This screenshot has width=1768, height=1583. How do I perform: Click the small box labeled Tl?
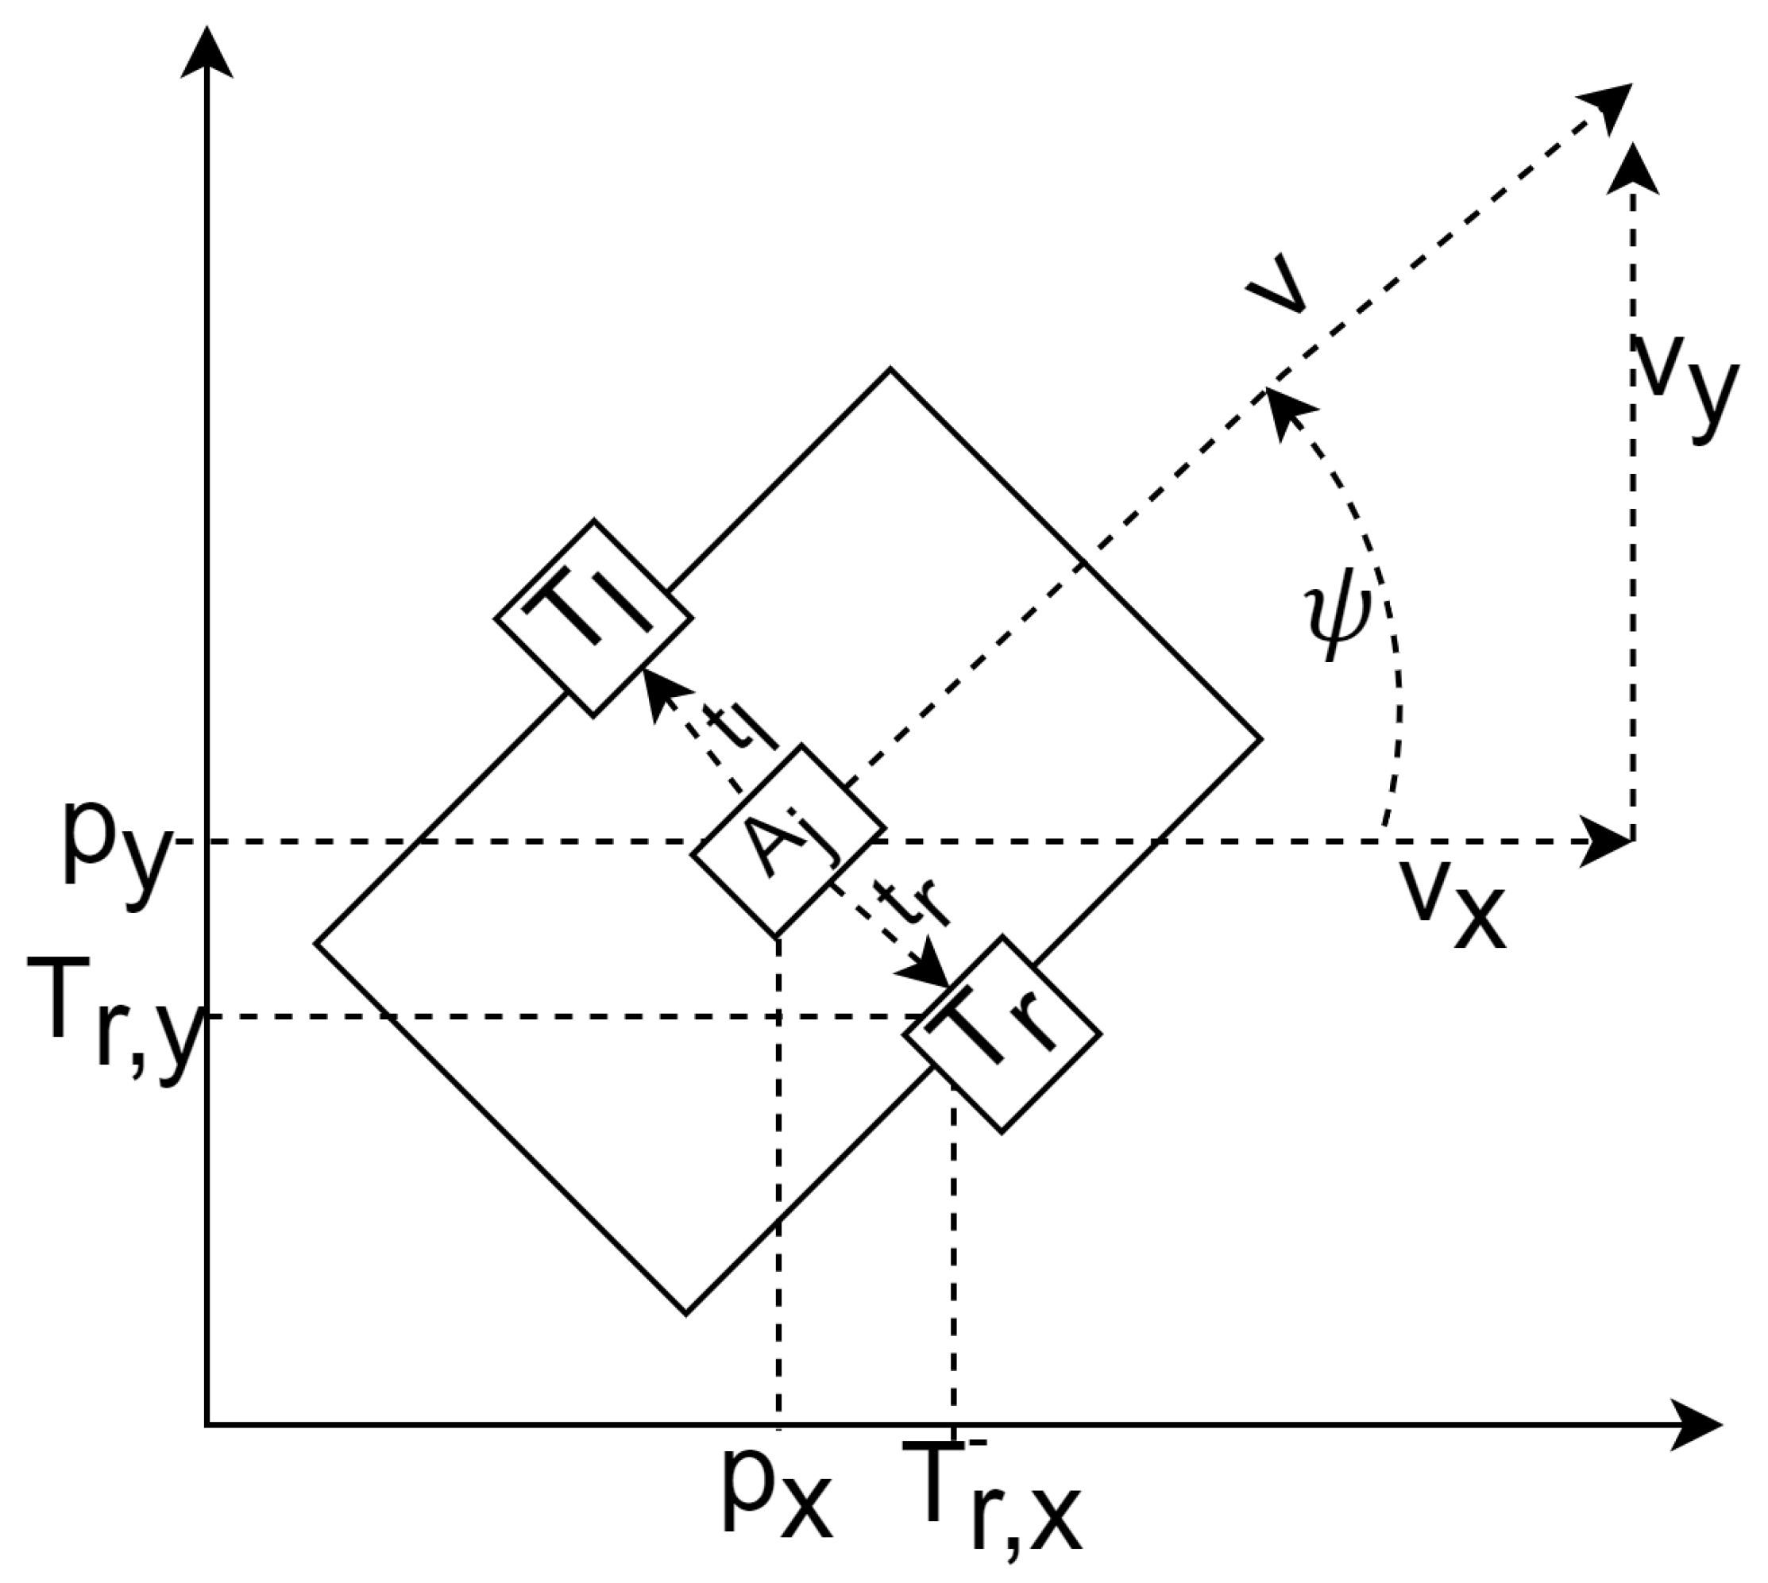point(593,618)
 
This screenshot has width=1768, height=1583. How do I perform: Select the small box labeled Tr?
point(1002,1034)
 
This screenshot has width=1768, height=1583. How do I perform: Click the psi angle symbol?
point(1338,618)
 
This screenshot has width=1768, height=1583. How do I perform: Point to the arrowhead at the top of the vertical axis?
point(207,52)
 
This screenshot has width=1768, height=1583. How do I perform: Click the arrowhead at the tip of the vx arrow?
point(1606,841)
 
